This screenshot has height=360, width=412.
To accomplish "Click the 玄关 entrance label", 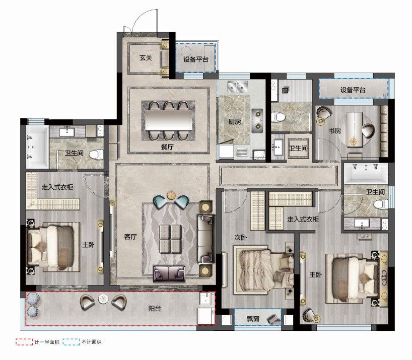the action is coord(146,57).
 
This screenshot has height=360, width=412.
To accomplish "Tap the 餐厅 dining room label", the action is coord(167,147).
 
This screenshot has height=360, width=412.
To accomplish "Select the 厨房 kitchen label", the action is coord(235,121).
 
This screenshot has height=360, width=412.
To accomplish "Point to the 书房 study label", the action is coord(334,130).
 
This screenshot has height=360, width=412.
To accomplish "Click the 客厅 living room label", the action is coord(130,237).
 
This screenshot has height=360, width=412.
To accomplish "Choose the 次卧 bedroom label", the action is coord(240,238).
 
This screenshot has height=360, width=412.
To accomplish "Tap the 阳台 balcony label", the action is coord(155,309).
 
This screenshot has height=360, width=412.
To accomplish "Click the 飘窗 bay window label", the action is coord(253,319).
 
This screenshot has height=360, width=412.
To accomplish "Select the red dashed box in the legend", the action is coord(24,342).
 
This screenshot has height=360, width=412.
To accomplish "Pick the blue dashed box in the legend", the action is coord(71,342).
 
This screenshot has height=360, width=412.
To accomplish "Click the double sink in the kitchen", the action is coord(238,87).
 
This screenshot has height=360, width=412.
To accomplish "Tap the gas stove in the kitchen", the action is coord(257,120).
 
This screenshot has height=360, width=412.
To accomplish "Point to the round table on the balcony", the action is coord(103,299).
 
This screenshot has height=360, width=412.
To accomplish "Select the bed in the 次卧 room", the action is coord(263,270).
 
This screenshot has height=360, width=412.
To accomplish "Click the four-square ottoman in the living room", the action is coord(170,239).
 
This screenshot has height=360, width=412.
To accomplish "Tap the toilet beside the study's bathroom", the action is coord(278,117).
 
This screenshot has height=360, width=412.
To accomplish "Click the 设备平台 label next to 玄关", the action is coord(196,59).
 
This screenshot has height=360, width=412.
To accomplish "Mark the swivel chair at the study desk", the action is coord(368,131).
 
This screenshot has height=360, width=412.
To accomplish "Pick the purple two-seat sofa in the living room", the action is coord(169,274).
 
